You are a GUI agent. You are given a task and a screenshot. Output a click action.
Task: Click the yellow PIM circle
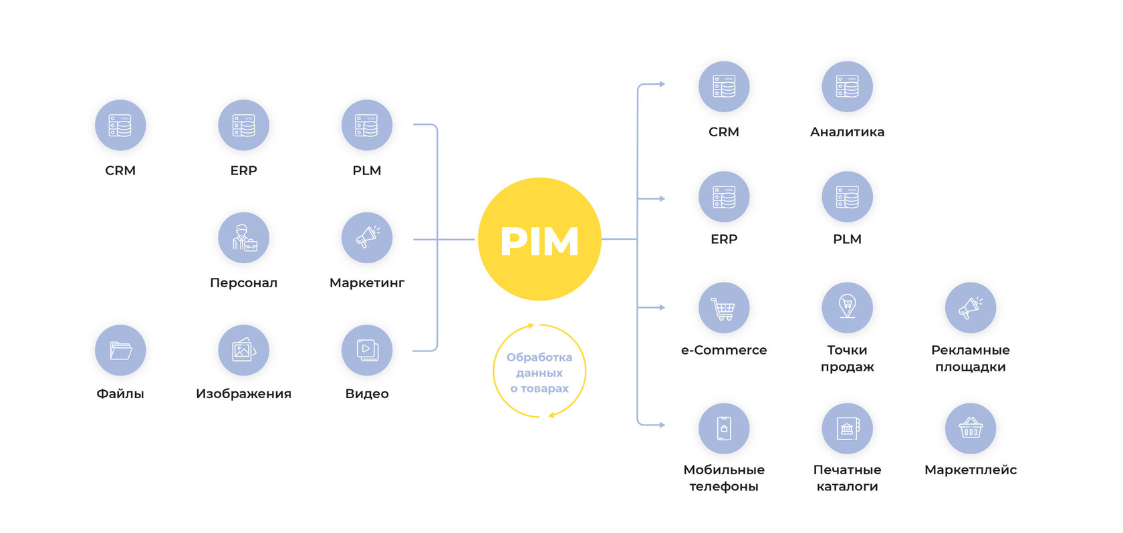tap(539, 239)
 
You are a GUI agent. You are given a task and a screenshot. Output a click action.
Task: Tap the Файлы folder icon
tap(120, 350)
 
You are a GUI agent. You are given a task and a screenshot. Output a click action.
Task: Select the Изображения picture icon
tap(243, 350)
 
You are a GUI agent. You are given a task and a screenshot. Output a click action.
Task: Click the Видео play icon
tap(366, 350)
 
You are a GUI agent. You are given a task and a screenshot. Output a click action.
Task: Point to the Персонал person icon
tap(243, 238)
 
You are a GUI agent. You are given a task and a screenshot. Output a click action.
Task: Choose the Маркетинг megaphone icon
tap(366, 238)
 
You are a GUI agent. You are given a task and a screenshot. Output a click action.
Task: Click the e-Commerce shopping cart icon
tap(723, 308)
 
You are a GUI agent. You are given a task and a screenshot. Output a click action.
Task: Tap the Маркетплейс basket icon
tap(970, 428)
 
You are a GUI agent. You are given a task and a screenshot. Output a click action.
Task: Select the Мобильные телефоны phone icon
tap(723, 428)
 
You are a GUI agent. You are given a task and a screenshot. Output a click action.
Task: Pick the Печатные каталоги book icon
tap(847, 428)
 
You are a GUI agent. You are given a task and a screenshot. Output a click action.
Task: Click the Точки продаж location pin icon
tap(847, 308)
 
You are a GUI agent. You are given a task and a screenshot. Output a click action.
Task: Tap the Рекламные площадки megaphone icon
tap(970, 308)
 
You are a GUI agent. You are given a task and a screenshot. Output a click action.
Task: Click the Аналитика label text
tap(847, 132)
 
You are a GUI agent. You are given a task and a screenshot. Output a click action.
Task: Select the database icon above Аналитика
tap(847, 87)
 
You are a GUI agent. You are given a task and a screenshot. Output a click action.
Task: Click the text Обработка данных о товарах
tap(539, 373)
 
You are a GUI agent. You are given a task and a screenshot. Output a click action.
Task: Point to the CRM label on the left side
tap(120, 170)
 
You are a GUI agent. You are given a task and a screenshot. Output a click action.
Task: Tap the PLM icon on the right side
tap(847, 197)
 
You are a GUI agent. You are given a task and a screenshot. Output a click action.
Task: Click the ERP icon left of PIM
tap(243, 126)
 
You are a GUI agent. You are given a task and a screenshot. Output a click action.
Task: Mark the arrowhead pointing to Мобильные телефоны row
tap(662, 425)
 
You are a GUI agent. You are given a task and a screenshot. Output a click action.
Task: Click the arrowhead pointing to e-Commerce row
tap(662, 308)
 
